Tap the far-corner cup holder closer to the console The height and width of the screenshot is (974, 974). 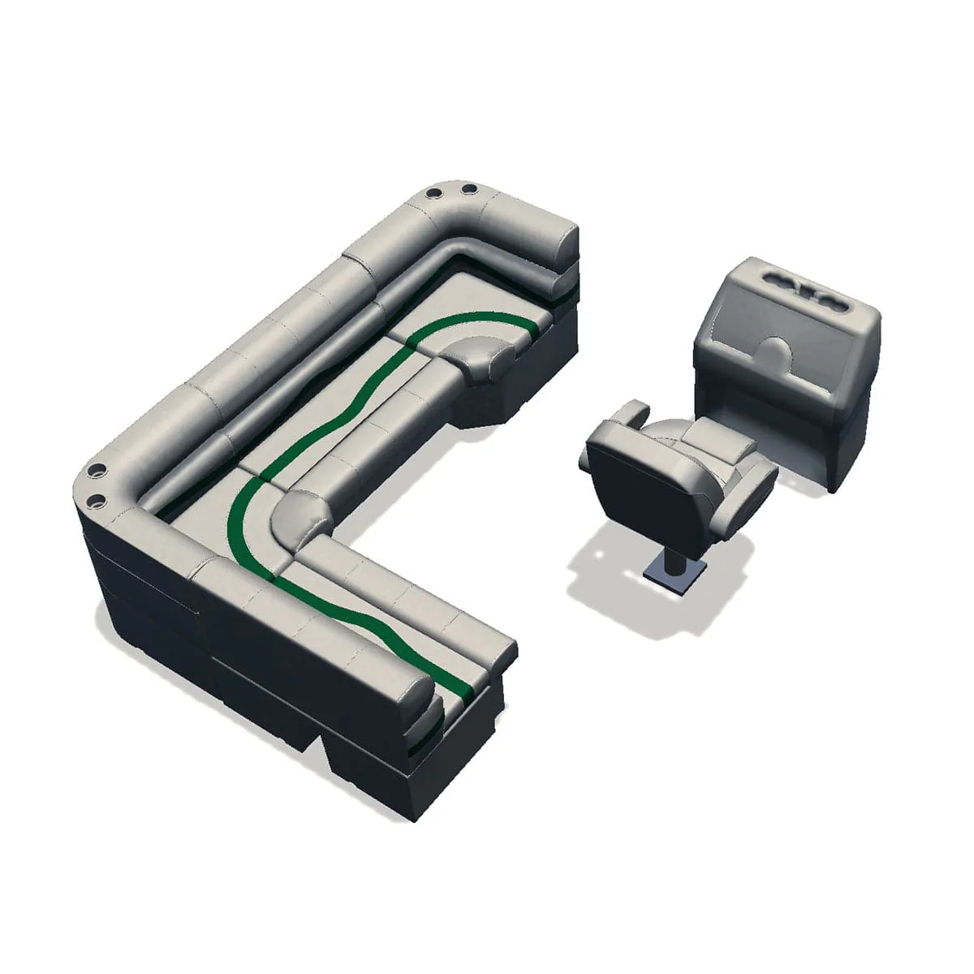pyautogui.click(x=469, y=191)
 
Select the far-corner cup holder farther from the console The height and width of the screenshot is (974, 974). pyautogui.click(x=433, y=195)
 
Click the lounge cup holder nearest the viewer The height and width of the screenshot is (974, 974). pyautogui.click(x=96, y=499)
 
